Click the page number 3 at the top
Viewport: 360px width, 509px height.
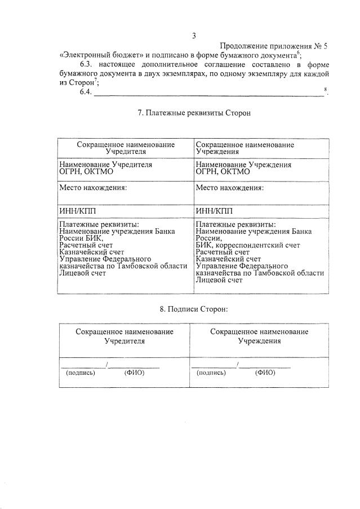pos(194,36)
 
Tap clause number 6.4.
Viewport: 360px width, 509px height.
pos(86,92)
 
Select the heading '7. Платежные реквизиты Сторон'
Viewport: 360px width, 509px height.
pos(194,113)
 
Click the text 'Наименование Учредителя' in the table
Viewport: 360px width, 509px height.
pos(105,165)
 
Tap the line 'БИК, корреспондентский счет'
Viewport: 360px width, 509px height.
pos(247,245)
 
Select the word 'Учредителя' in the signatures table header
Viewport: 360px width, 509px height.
pos(125,342)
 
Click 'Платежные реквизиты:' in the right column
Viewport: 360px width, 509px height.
pos(235,224)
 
